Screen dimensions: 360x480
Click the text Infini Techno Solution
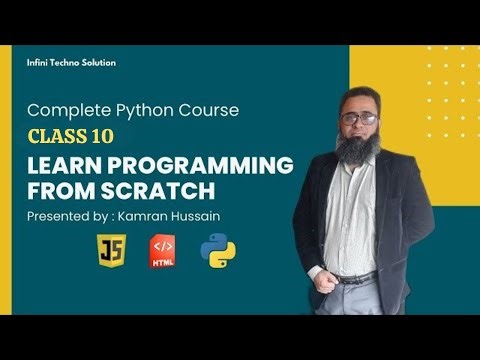click(71, 63)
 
